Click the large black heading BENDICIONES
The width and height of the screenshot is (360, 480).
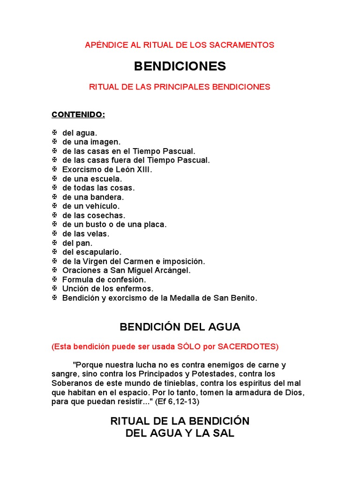180,67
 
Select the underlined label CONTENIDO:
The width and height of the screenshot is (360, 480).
78,114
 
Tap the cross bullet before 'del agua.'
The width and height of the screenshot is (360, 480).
54,133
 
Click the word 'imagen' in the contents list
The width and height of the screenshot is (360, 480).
105,142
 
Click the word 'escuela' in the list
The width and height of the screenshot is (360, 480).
106,179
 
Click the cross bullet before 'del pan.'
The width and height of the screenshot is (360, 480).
54,243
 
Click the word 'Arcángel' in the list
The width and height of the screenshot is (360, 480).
173,270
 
